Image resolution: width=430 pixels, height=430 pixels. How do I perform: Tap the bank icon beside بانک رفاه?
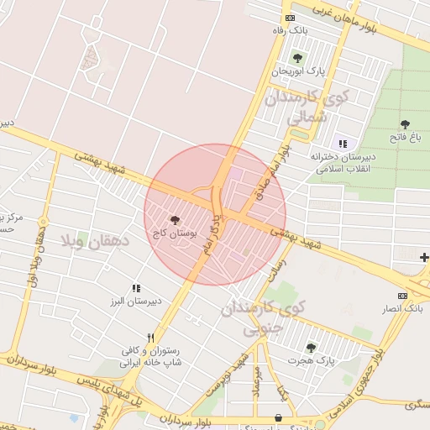point(290,18)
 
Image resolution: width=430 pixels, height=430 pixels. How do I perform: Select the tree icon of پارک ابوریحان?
point(296,58)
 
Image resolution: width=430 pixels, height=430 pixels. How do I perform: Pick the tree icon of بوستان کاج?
point(175,221)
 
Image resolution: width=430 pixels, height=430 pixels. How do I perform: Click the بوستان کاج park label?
point(176,234)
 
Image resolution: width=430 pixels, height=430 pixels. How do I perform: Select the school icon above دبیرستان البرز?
point(136,288)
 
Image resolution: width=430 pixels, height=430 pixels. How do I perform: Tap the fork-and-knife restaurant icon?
point(151,338)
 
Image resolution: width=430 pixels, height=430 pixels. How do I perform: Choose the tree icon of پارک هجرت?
point(312,348)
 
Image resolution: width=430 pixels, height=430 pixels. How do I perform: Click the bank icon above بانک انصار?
point(402,296)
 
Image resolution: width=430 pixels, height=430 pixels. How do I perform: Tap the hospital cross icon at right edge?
point(424,257)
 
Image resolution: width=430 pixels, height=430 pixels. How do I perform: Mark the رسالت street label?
point(276,268)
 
